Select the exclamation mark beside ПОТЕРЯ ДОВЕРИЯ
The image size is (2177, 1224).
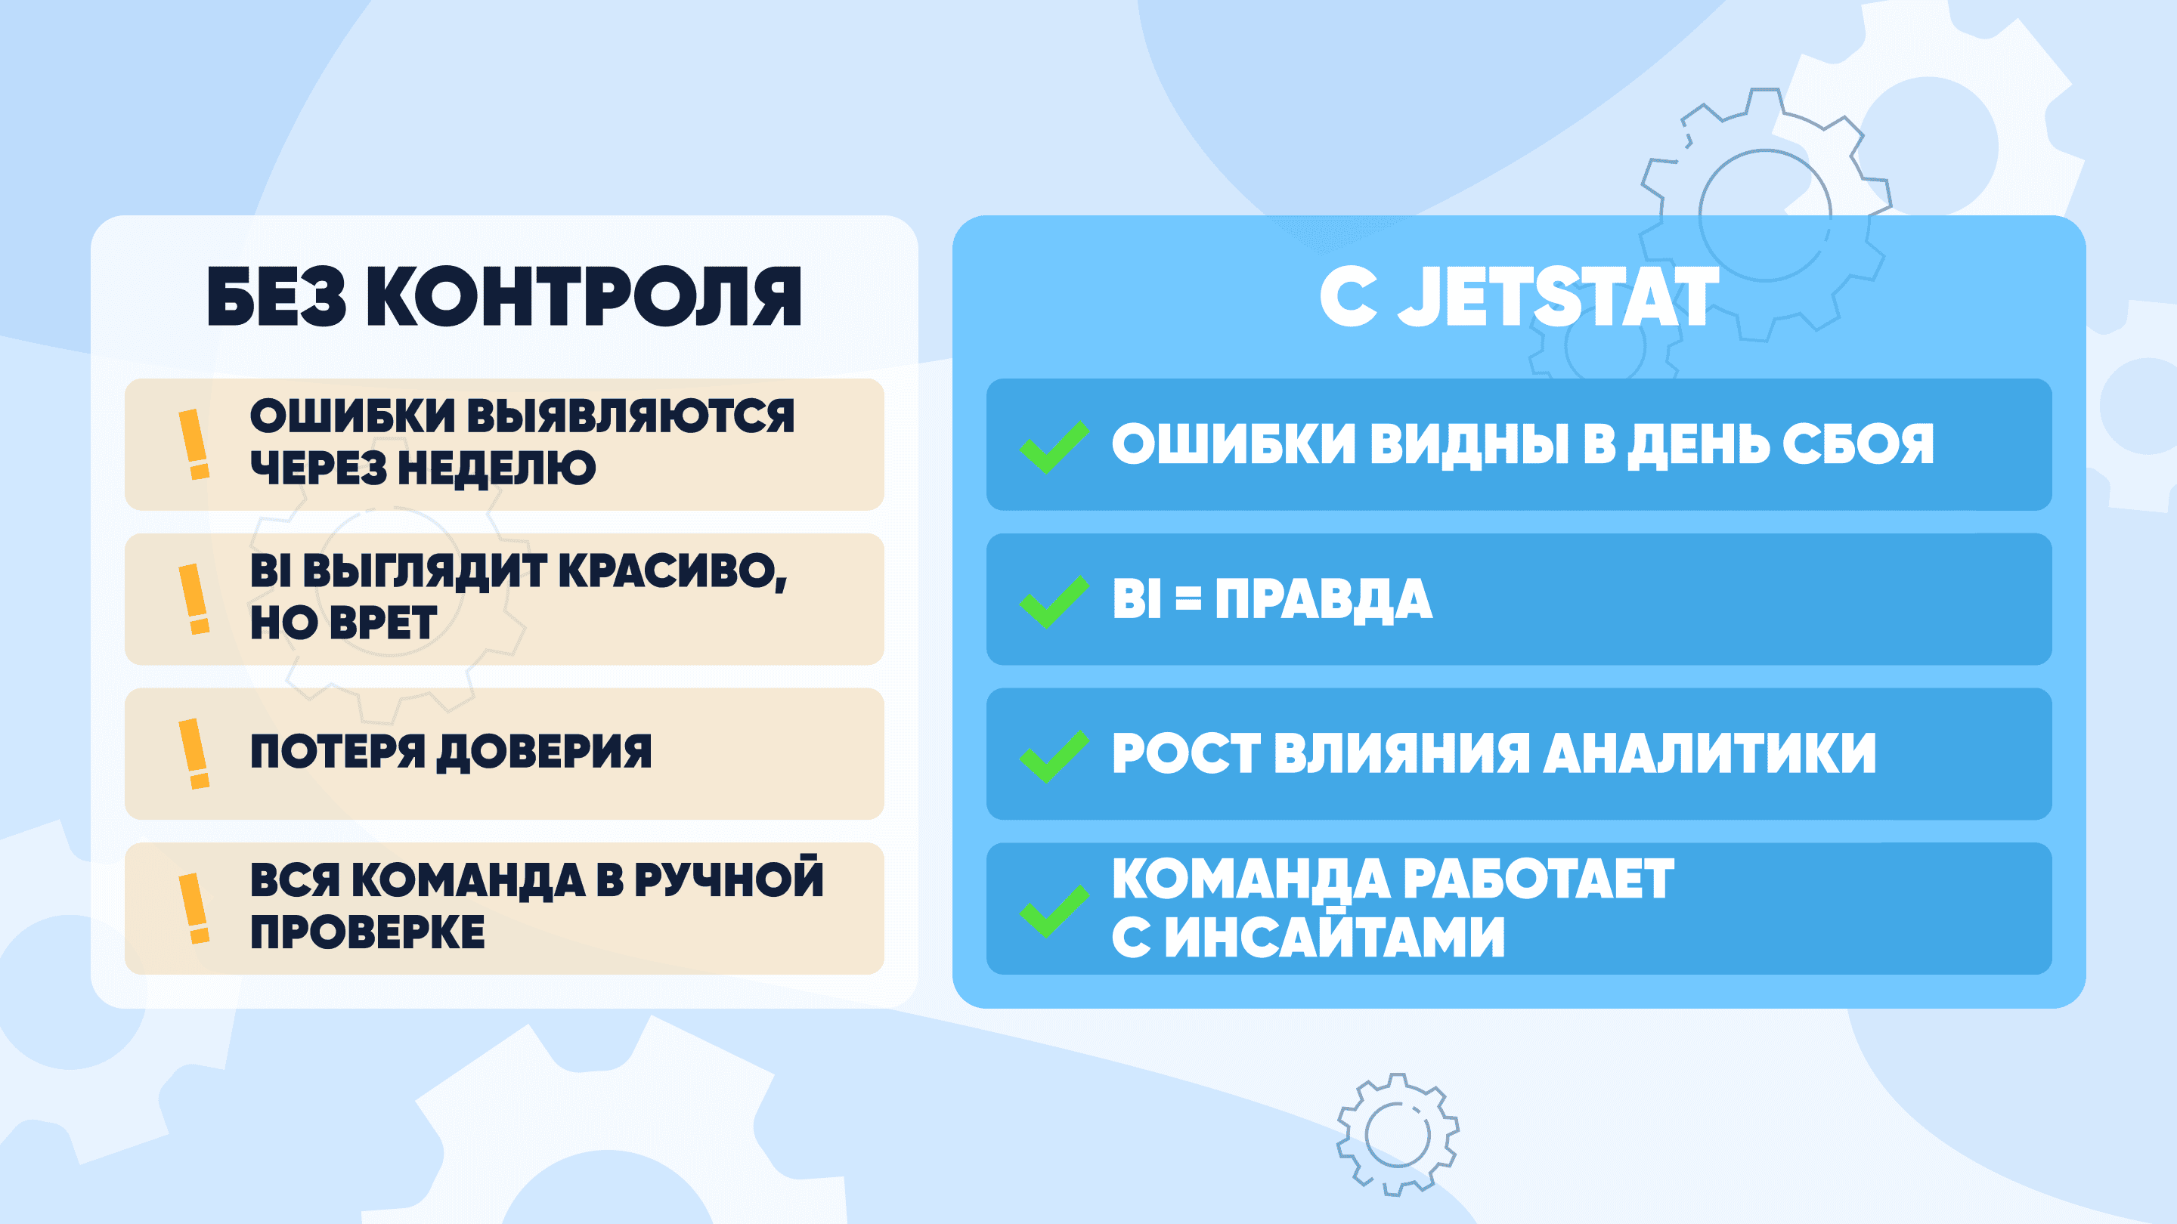[194, 753]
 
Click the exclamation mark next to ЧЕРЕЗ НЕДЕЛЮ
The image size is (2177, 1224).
[194, 444]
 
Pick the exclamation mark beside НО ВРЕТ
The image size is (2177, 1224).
[194, 599]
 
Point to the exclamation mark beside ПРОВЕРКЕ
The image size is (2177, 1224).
[194, 908]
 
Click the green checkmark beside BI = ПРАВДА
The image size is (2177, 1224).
[1054, 601]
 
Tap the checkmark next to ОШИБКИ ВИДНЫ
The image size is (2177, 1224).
[1054, 447]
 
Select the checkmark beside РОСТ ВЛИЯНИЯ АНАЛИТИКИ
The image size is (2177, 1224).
[1054, 756]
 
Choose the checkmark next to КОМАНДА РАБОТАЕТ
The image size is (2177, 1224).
[1054, 910]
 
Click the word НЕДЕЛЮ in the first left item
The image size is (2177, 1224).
[497, 468]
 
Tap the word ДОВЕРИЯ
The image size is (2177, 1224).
[544, 752]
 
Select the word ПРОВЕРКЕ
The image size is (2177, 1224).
[367, 932]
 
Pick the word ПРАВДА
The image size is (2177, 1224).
[1324, 600]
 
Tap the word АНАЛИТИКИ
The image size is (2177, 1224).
[1710, 753]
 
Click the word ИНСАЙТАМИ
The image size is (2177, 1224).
[1335, 936]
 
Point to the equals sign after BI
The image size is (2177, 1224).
[1188, 599]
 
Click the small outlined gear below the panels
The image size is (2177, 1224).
[1398, 1134]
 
